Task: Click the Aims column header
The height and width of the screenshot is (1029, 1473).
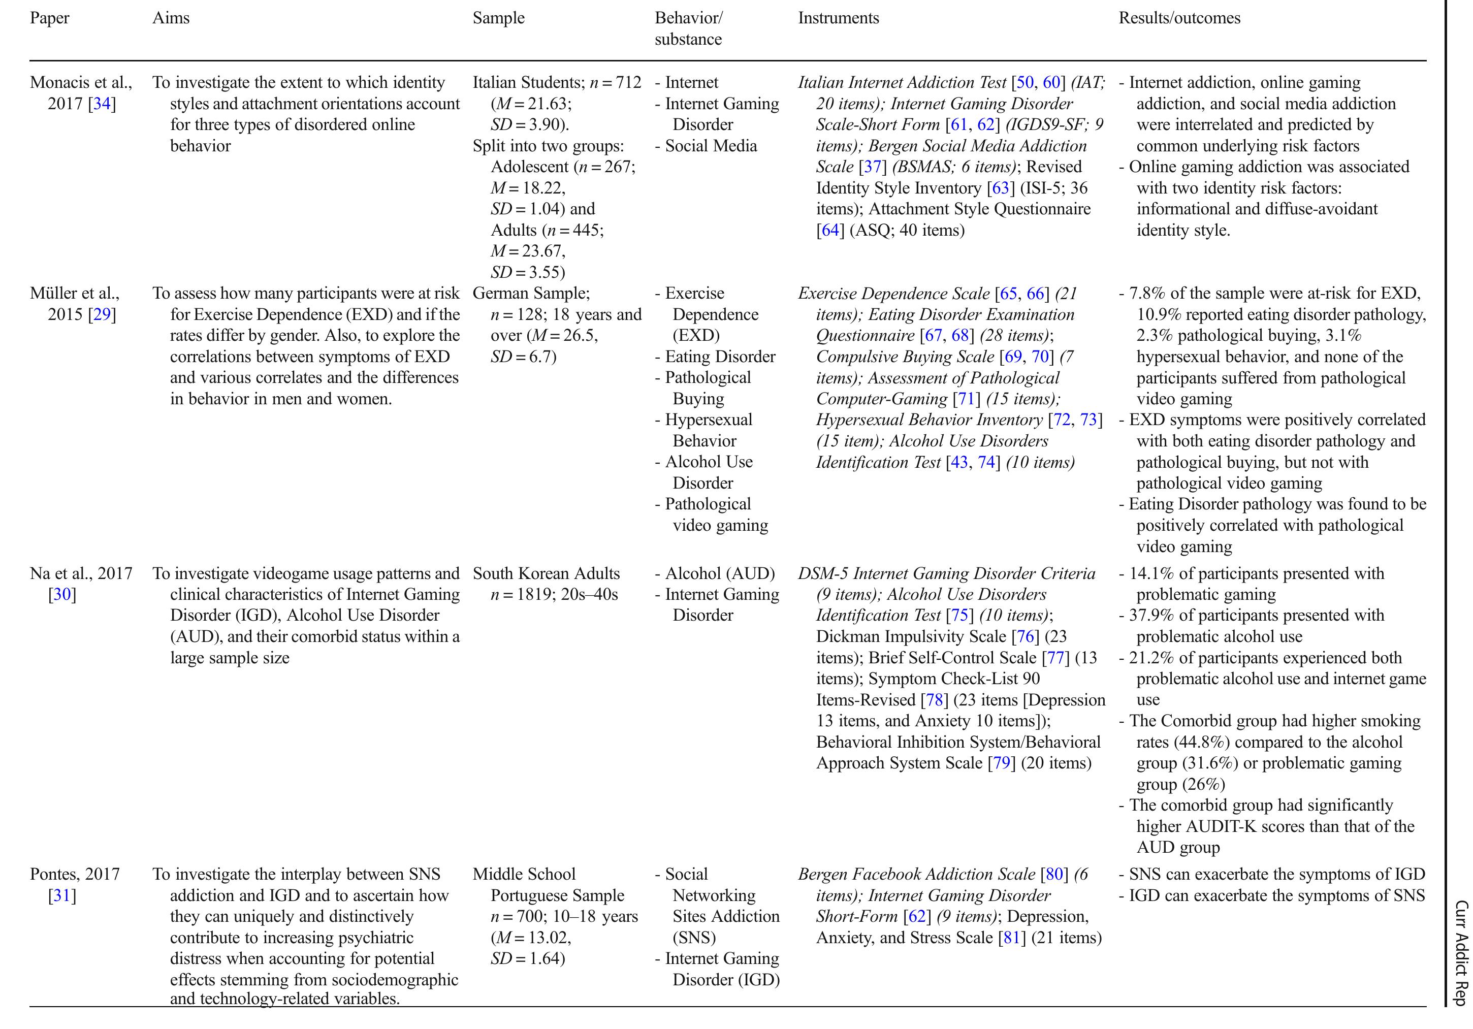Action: pyautogui.click(x=171, y=18)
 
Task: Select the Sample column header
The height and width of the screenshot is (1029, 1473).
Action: pyautogui.click(x=498, y=18)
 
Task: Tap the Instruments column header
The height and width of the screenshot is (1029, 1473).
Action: pyautogui.click(x=838, y=18)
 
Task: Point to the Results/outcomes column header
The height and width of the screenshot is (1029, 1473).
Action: pyautogui.click(x=1179, y=18)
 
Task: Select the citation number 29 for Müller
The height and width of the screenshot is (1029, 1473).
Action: pyautogui.click(x=102, y=314)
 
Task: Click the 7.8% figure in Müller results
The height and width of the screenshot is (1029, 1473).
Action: pyautogui.click(x=1146, y=294)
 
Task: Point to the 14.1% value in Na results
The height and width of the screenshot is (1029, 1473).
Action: pyautogui.click(x=1151, y=573)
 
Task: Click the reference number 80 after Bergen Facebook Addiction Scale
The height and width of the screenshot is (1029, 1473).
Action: pyautogui.click(x=1054, y=875)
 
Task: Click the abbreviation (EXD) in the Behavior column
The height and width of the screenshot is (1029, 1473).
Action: pyautogui.click(x=695, y=336)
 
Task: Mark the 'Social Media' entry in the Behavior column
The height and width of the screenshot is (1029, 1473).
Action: pyautogui.click(x=711, y=146)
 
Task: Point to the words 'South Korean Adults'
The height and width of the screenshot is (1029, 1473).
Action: pyautogui.click(x=546, y=573)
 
